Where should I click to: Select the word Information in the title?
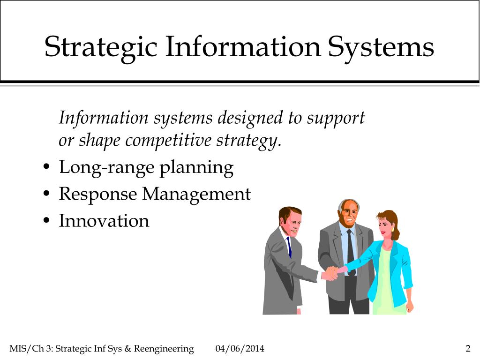tap(243, 46)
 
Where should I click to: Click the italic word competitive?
tap(168, 140)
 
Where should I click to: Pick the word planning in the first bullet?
tap(197, 168)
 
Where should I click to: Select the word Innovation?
tap(104, 220)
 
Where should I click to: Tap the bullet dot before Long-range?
tap(46, 167)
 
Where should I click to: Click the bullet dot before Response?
tap(46, 194)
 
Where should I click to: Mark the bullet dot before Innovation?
tap(46, 220)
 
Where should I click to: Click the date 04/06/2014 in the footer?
tap(240, 348)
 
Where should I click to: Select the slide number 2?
tap(468, 348)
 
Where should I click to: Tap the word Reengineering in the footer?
tap(164, 349)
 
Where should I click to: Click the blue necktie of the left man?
tap(289, 247)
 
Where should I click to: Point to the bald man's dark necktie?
tap(351, 252)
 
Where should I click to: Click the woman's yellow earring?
tap(392, 229)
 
